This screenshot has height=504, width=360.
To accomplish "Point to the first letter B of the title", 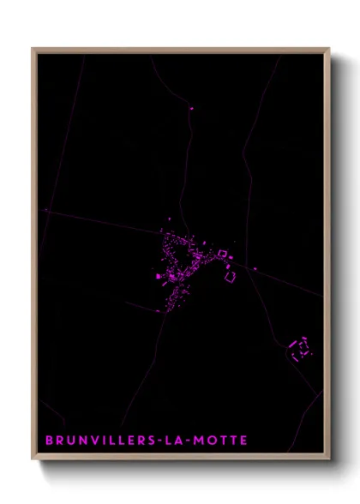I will point(49,441).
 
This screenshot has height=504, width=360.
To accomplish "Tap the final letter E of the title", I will point(244,441).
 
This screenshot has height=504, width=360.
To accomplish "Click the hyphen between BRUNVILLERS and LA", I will point(164,441).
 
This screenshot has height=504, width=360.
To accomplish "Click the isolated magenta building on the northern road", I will point(191,108).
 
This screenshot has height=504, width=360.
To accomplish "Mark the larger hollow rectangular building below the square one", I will point(230,276).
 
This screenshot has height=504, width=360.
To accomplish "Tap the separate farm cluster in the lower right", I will point(300,347).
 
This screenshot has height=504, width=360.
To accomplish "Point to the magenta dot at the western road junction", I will point(45,210).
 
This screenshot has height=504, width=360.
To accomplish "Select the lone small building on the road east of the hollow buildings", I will point(255,269).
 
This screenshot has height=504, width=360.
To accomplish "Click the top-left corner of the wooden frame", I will point(33,49).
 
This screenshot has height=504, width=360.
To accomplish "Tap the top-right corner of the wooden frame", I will point(328,49).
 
